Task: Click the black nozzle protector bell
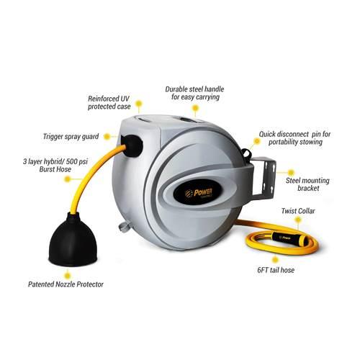click(73, 241)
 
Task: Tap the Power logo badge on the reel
click(197, 192)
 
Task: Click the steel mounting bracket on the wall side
click(264, 179)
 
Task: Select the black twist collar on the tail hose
click(285, 238)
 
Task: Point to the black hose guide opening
click(132, 146)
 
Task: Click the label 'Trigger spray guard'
click(71, 137)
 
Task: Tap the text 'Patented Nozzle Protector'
click(66, 284)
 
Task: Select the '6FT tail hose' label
click(276, 270)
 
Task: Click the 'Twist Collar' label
click(298, 211)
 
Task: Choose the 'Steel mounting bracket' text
click(307, 184)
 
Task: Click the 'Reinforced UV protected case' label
click(109, 102)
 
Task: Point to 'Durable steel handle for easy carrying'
click(194, 93)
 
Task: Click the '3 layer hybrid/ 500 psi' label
click(55, 161)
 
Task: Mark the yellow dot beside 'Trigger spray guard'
click(107, 137)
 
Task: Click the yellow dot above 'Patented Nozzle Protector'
click(68, 274)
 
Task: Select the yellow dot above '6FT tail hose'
click(275, 259)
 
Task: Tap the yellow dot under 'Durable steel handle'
click(196, 108)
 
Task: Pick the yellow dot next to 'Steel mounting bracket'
click(291, 172)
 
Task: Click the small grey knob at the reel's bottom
click(125, 226)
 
